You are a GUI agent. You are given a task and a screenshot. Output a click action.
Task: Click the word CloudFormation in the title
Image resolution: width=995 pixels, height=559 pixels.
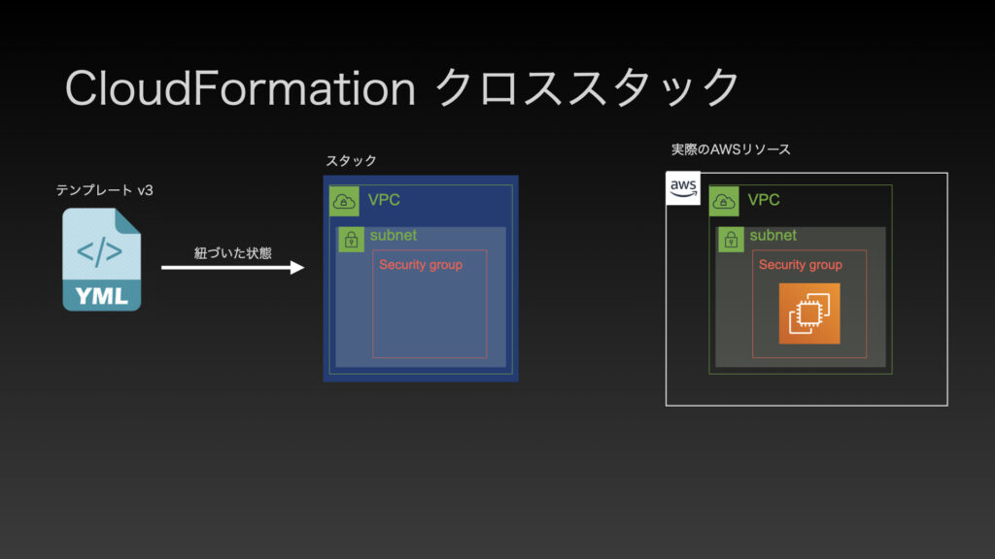coord(240,88)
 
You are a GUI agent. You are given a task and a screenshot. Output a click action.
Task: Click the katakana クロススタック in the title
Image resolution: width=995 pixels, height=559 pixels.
coord(587,87)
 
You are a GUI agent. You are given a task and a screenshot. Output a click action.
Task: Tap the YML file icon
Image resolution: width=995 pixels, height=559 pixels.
coord(101,259)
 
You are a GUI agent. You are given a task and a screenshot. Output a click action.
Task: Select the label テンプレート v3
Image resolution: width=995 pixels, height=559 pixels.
coord(105,190)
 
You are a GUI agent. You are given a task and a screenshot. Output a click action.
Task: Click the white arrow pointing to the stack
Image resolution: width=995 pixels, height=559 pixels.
coord(233,268)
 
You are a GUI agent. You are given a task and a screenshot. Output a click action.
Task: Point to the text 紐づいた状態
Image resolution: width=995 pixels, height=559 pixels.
coord(233,253)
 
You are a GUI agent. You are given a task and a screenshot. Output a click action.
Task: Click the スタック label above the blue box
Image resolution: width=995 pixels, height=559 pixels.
coord(351,160)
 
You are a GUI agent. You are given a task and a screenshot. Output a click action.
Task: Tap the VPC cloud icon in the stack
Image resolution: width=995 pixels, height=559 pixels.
coord(344,202)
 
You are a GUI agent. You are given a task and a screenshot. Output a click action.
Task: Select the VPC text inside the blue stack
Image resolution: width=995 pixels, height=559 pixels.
coord(384,200)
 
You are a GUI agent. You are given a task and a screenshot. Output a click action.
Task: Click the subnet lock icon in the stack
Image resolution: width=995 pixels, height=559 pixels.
coord(351,240)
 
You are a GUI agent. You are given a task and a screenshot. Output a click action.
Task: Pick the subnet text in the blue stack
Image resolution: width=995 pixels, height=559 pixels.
coord(394,235)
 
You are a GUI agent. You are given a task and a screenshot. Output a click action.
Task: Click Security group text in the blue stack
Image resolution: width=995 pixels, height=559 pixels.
coord(421,265)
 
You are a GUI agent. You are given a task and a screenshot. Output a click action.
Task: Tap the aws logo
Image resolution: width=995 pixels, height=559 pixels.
coord(683,188)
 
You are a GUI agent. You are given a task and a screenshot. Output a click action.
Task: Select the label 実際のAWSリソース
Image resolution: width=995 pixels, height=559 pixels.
coord(731,149)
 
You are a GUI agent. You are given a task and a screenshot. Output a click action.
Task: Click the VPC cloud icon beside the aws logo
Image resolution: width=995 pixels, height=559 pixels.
coord(724,202)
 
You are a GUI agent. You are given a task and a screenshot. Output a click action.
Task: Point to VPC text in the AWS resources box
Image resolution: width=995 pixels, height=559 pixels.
coord(764,200)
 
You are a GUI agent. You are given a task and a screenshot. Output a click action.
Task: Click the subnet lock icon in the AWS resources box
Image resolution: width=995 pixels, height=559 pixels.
coord(731,240)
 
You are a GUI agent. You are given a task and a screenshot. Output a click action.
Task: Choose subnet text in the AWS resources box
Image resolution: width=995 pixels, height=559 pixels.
coord(772,235)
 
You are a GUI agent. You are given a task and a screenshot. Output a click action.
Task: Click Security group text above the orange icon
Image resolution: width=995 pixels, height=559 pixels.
coord(801,265)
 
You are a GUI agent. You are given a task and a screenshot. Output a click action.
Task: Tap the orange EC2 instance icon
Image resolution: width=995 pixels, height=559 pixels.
coord(809,313)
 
